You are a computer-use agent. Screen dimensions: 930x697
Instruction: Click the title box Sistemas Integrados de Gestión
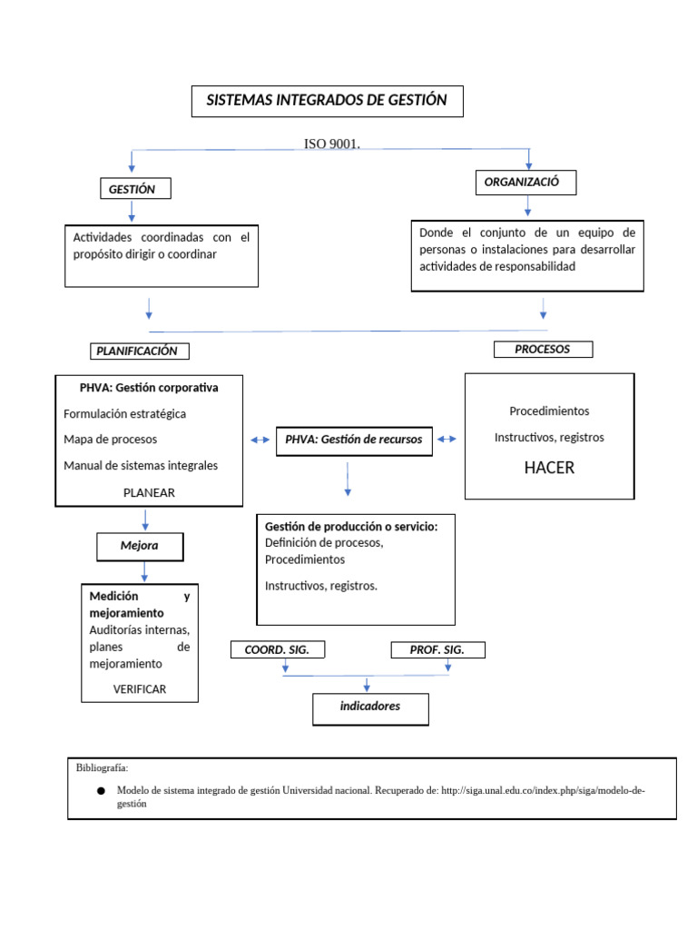(x=327, y=101)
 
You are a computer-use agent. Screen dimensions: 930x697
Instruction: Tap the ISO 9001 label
(x=331, y=143)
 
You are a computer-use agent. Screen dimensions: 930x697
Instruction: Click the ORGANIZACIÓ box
(x=525, y=183)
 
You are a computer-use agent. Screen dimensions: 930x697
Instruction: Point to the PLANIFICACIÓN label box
(x=143, y=351)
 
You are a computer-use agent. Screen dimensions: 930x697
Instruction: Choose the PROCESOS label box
(x=543, y=349)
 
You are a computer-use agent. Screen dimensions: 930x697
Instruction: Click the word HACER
(x=549, y=469)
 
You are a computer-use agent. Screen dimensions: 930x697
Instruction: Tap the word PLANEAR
(x=149, y=492)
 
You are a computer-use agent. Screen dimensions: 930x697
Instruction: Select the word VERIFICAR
(x=140, y=689)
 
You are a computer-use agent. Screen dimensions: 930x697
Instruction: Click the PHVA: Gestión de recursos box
(x=354, y=440)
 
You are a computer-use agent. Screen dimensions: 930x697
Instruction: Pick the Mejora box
(x=140, y=547)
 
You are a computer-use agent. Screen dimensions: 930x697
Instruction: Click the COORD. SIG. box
(x=277, y=649)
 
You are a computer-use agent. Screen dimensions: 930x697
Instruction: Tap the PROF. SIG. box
(x=438, y=649)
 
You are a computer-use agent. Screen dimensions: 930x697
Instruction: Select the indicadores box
(x=370, y=707)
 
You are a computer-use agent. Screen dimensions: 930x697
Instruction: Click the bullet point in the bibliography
(x=101, y=791)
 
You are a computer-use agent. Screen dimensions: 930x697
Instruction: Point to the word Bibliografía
(x=103, y=767)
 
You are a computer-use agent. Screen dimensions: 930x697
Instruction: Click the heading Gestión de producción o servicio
(x=351, y=527)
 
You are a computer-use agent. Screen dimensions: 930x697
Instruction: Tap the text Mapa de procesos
(x=111, y=440)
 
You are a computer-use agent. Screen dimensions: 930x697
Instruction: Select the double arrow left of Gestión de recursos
(x=260, y=440)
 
